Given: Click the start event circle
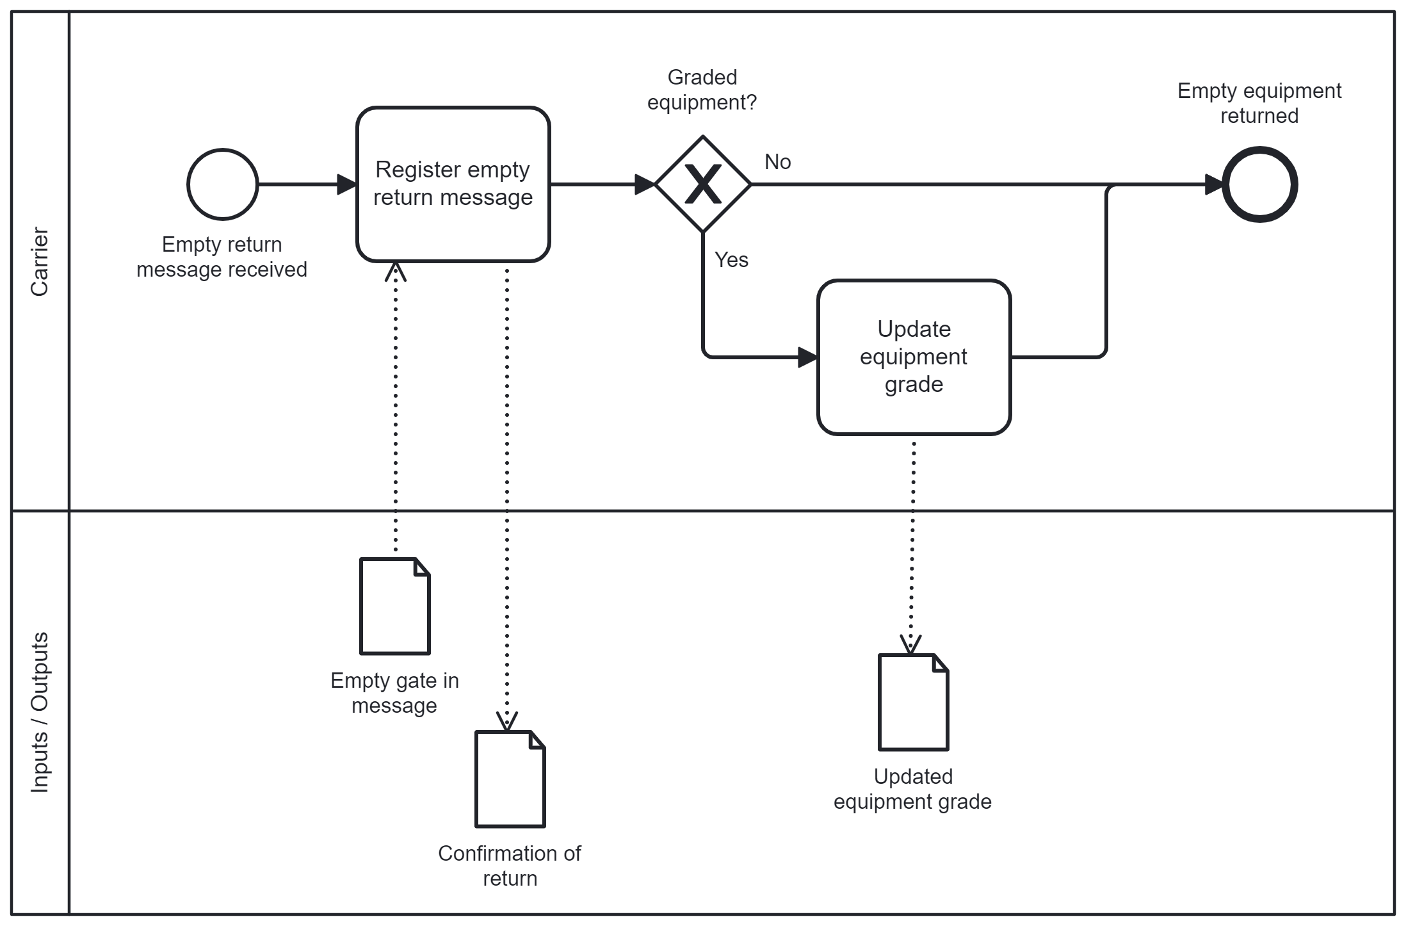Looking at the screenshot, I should click(x=222, y=184).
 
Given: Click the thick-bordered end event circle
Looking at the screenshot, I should click(x=1259, y=184).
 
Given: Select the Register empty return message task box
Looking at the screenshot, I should click(x=453, y=184).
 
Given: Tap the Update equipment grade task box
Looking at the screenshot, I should click(x=914, y=357).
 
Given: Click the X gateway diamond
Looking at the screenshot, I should click(x=703, y=184).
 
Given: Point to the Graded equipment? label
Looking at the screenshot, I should click(x=702, y=90).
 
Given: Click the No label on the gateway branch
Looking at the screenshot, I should click(x=777, y=162).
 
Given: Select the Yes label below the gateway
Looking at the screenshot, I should click(x=731, y=260).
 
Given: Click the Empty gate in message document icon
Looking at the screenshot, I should click(x=395, y=606).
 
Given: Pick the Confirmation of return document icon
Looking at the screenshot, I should click(x=510, y=779).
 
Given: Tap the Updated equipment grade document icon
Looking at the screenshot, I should click(x=913, y=702).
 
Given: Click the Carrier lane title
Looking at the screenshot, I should click(x=40, y=261).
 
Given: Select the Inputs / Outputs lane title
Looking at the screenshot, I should click(x=40, y=712).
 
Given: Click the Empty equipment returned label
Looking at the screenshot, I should click(x=1259, y=103).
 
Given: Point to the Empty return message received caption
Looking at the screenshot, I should click(x=222, y=257).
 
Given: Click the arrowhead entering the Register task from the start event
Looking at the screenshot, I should click(x=346, y=184).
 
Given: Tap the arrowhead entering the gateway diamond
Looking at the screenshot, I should click(x=644, y=184).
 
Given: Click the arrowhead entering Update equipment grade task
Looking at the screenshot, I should click(x=807, y=357).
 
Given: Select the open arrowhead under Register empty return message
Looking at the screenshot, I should click(x=396, y=272).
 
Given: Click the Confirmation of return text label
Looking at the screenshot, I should click(x=510, y=866).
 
